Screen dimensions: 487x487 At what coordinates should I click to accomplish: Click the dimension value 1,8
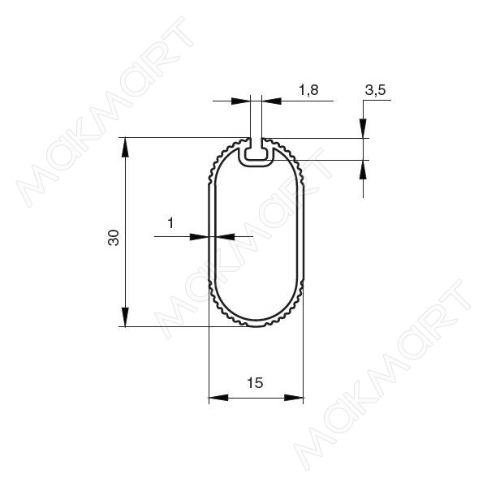pos(308,90)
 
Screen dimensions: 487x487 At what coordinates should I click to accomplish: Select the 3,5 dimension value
pos(375,90)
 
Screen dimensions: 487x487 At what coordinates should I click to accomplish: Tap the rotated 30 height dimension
pos(114,238)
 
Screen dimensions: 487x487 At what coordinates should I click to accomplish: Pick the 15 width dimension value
pos(255,382)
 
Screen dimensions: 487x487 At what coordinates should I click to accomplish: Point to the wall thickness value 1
pos(170,222)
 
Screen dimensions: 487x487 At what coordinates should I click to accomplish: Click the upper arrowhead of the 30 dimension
pos(125,147)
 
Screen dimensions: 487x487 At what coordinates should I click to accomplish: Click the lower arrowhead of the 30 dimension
pos(125,317)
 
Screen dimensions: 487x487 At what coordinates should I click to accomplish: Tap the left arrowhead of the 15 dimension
pos(218,398)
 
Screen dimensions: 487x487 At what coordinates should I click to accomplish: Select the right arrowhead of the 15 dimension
pos(294,398)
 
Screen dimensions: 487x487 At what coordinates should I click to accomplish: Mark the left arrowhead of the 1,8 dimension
pos(241,101)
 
